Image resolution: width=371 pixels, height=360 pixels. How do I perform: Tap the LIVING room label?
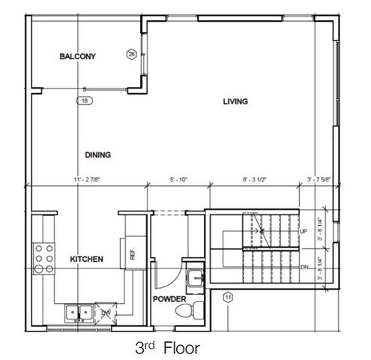click(235, 101)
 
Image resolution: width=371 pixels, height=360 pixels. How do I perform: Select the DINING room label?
click(97, 155)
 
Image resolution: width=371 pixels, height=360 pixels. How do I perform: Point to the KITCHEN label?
click(86, 259)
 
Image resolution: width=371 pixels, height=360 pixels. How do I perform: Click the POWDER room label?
click(169, 298)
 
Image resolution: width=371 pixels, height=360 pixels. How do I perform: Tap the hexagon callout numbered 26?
click(131, 55)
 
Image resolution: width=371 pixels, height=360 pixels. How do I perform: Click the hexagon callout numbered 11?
click(228, 298)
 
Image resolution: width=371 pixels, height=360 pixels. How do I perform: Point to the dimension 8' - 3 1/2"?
click(256, 180)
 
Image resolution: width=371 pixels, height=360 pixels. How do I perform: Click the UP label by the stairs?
click(304, 232)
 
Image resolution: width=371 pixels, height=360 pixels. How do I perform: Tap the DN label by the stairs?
click(304, 267)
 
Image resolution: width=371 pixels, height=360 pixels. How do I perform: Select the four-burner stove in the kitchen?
click(44, 259)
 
